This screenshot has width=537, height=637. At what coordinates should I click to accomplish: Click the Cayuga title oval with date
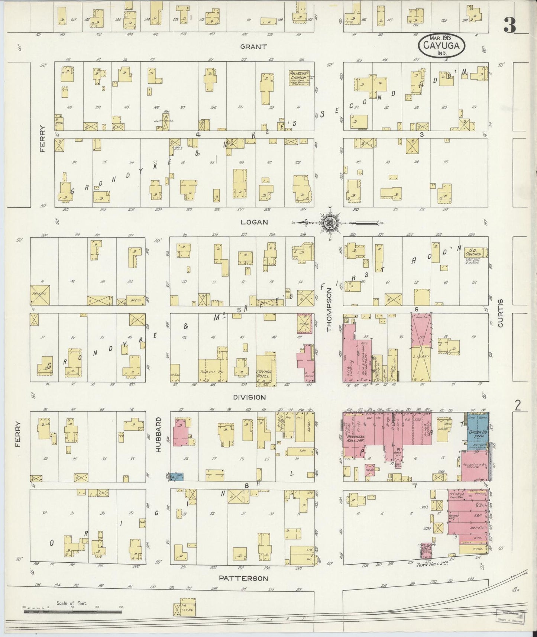(x=441, y=45)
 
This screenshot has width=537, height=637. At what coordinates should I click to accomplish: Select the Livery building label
(x=421, y=356)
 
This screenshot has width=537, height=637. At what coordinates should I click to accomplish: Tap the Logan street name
(x=254, y=222)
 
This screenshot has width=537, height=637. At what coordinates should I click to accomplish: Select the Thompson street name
(x=329, y=311)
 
